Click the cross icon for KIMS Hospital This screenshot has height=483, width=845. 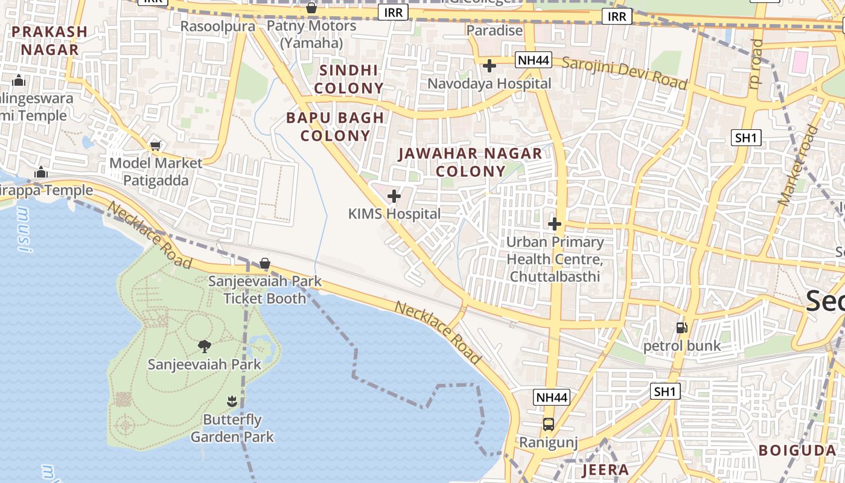(394, 196)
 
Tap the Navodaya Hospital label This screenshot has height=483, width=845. (489, 83)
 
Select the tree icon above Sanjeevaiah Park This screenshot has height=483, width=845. (205, 346)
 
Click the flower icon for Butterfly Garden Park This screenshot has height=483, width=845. (232, 401)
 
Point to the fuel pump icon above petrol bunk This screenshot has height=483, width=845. (682, 328)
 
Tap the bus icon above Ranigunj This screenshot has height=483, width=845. (549, 424)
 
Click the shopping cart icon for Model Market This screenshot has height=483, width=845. (156, 145)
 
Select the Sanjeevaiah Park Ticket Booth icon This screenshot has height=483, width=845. (264, 263)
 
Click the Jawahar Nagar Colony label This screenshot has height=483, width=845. (470, 162)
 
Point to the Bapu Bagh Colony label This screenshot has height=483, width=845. (335, 126)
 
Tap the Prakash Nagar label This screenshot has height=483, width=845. (49, 40)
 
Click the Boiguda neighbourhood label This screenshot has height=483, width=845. (797, 450)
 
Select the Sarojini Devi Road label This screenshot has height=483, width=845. (625, 72)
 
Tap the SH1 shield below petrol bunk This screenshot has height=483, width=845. (665, 391)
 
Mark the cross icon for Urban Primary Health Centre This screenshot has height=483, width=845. (554, 224)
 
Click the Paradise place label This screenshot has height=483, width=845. (494, 30)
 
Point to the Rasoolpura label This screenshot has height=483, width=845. (218, 26)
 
